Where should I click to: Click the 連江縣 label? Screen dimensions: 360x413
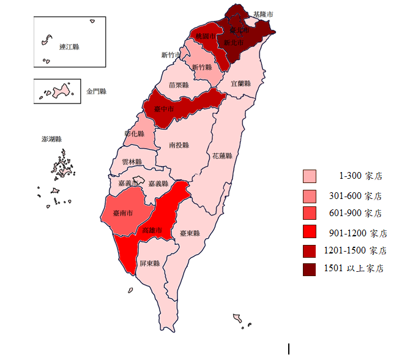point(70,47)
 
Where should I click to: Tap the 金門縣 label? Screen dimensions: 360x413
point(97,91)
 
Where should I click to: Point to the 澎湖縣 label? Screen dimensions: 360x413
point(52,140)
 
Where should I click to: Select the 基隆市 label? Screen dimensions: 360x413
point(264,13)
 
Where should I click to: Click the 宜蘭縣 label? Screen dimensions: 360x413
point(241,83)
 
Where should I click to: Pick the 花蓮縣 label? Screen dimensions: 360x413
point(222,156)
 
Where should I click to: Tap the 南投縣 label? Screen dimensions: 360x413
point(179,146)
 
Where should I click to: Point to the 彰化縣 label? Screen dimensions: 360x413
point(135,133)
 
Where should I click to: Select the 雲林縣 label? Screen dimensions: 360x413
point(132,162)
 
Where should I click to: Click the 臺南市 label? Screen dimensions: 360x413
point(124,214)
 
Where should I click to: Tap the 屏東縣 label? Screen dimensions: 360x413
point(149,264)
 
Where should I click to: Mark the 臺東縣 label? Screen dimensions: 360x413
point(190,233)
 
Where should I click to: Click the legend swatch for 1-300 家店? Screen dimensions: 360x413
point(310,176)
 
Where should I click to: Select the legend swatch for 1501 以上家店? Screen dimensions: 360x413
point(310,268)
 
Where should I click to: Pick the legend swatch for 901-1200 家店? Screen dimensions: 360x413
point(310,232)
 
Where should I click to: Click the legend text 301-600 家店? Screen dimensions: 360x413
point(355,197)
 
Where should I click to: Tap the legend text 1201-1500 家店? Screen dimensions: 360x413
point(355,250)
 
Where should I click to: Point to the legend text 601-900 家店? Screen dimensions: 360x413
point(355,214)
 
